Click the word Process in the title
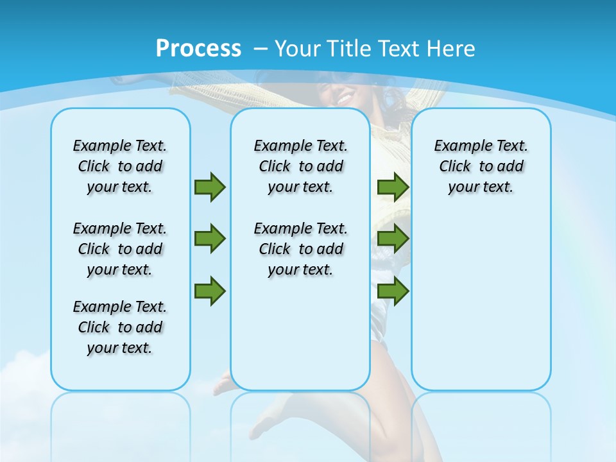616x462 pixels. coord(198,48)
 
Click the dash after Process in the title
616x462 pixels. coord(261,49)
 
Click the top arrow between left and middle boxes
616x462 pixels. coord(210,187)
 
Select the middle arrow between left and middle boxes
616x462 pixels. coord(210,239)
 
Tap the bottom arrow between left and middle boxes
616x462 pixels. coord(210,291)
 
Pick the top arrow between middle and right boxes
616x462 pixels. coord(393,187)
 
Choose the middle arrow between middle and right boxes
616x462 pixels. coord(393,239)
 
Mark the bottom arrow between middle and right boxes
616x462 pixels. coord(393,291)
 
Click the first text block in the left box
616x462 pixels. coord(120,166)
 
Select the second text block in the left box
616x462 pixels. coord(120,249)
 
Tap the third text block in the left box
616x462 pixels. coord(120,327)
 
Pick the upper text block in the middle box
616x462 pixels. coord(300,166)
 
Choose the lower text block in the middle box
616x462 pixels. coord(300,249)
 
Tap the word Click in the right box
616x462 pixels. coord(455,167)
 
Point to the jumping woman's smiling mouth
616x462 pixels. coord(344,99)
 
